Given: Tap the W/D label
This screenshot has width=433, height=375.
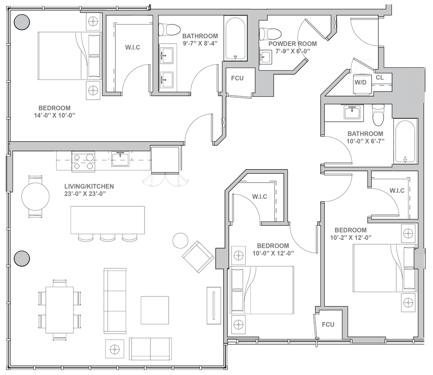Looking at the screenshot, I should tap(361, 81).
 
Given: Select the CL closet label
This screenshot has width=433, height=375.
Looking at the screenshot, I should tap(379, 78).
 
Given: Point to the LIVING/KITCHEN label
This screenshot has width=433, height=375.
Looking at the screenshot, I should tap(89, 186).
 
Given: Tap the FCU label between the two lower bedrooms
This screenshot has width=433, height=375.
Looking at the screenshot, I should tap(328, 325).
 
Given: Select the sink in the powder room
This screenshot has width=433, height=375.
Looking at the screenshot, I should tap(266, 57).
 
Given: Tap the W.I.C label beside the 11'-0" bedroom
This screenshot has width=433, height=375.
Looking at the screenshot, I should tap(132, 47).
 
